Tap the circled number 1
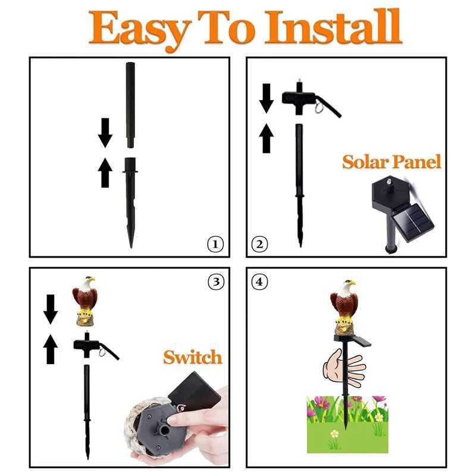pos(215,243)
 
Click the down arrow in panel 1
pos(105,133)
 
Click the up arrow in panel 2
pos(267,138)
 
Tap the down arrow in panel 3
pos(51,309)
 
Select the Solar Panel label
pos(391,162)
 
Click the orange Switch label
pos(192,357)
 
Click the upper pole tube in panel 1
pos(130,104)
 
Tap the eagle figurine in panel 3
pos(85,300)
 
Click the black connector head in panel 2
pos(299,99)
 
